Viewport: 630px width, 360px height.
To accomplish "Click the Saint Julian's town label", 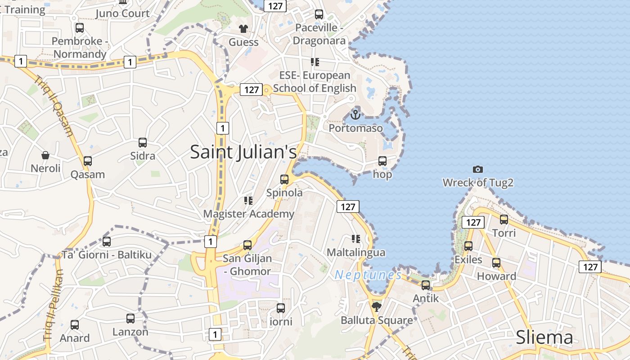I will coord(243,152).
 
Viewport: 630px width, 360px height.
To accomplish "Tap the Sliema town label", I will coord(544,337).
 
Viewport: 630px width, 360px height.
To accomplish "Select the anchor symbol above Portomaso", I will coord(355,115).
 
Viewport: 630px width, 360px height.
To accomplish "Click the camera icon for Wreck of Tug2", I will coord(478,169).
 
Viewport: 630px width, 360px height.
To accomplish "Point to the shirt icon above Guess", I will coord(243,29).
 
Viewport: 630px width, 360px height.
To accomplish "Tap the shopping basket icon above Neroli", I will coord(45,155).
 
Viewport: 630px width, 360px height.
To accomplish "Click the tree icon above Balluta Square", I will coord(377,307).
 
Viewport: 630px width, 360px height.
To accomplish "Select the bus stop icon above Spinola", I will coord(284,179).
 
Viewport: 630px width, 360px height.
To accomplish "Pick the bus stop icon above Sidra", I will coord(143,143).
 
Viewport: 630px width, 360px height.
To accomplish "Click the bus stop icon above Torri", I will coord(504,219).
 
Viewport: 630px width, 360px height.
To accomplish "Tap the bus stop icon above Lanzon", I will coord(130,319).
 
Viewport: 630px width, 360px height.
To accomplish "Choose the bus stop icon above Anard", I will coord(75,324).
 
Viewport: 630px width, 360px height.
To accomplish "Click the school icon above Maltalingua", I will coord(356,238).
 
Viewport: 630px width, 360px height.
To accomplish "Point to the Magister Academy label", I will coord(248,214).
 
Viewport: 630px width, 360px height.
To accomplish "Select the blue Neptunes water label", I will coord(368,274).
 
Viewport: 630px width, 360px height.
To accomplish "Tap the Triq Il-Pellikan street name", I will coord(52,306).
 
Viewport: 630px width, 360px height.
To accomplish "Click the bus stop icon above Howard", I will coord(496,263).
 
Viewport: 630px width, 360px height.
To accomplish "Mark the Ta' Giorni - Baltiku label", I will coord(107,255).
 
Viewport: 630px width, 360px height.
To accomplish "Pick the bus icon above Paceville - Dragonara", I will coord(319,14).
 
